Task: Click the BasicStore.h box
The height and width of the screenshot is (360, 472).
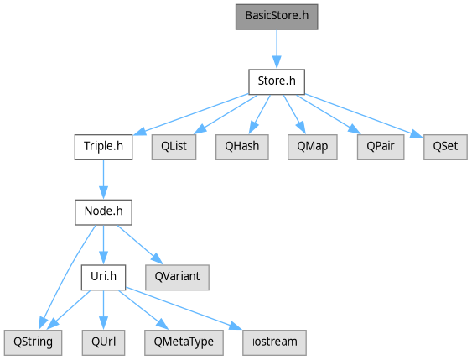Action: click(277, 17)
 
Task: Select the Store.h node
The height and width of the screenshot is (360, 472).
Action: click(277, 82)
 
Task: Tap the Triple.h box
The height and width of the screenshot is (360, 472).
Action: click(103, 147)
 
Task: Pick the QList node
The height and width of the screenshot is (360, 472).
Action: click(174, 147)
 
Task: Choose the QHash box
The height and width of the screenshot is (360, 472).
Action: click(242, 147)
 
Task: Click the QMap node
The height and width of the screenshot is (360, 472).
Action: click(313, 147)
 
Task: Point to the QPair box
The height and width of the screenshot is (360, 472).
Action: click(381, 147)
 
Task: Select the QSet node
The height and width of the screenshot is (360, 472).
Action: click(445, 147)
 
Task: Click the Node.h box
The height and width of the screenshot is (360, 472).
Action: click(103, 212)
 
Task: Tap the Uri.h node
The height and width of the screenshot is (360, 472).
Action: click(103, 278)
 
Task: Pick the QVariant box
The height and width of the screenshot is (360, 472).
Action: click(177, 278)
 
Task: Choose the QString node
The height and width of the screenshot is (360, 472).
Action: click(33, 342)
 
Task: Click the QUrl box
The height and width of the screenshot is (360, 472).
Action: click(103, 342)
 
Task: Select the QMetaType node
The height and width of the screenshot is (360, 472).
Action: click(184, 342)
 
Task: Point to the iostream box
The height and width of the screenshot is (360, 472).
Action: click(274, 342)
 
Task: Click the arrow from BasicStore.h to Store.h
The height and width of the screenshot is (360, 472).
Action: click(277, 50)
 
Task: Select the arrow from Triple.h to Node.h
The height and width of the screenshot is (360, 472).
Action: click(103, 180)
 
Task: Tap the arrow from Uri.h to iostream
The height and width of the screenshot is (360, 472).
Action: click(184, 309)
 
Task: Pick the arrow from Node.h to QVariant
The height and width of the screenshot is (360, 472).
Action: click(140, 245)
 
